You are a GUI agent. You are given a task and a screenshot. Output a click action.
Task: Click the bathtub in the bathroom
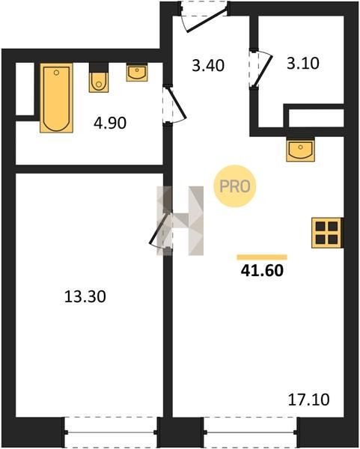tap(56, 98)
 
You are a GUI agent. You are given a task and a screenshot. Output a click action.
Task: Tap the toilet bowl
tap(99, 82)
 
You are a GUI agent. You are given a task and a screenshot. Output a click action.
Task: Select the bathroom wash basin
tap(137, 73)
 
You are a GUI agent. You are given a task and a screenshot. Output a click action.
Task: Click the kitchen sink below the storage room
tap(300, 149)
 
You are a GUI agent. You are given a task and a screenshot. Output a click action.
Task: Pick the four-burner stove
tap(326, 233)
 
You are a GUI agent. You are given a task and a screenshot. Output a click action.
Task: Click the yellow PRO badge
tap(234, 186)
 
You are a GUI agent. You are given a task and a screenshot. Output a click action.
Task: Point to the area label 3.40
tap(208, 66)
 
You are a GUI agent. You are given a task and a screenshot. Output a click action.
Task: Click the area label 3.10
tap(303, 64)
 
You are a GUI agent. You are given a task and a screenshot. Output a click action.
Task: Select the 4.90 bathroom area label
tap(110, 123)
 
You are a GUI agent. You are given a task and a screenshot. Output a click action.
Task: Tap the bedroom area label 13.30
tap(85, 296)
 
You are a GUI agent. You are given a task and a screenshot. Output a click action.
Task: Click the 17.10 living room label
tap(309, 400)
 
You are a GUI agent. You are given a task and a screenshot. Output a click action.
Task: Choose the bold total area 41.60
tap(262, 270)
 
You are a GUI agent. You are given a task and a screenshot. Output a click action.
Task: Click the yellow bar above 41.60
tap(262, 257)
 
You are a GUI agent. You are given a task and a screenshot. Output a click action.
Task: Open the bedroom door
tap(161, 230)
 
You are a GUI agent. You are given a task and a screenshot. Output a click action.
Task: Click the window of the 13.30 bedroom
tap(111, 433)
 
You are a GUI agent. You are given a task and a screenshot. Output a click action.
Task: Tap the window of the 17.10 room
tap(251, 433)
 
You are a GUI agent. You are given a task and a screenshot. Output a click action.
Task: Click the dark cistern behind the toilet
tap(99, 67)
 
